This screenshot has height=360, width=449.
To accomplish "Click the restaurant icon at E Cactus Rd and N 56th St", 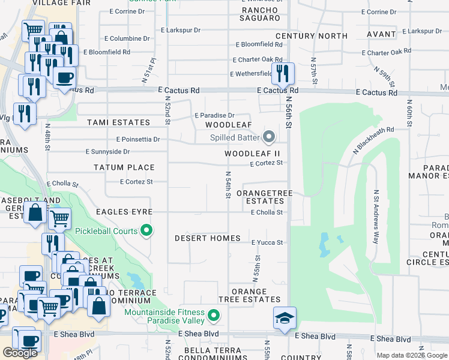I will tap(282, 74).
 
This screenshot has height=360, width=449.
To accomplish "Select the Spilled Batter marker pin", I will tap(268, 138).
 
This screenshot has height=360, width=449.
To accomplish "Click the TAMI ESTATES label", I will tap(118, 122).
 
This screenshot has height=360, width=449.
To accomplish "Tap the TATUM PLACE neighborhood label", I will tap(124, 167).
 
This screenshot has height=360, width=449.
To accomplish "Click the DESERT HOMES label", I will tap(207, 238).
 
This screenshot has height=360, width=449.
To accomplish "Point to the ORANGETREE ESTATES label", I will tap(260, 197).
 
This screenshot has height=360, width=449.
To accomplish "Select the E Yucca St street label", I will tap(267, 242).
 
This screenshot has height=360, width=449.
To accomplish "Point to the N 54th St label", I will tap(228, 185).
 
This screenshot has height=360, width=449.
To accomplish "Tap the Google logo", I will tap(20, 352).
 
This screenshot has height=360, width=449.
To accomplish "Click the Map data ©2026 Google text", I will tap(412, 355).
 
